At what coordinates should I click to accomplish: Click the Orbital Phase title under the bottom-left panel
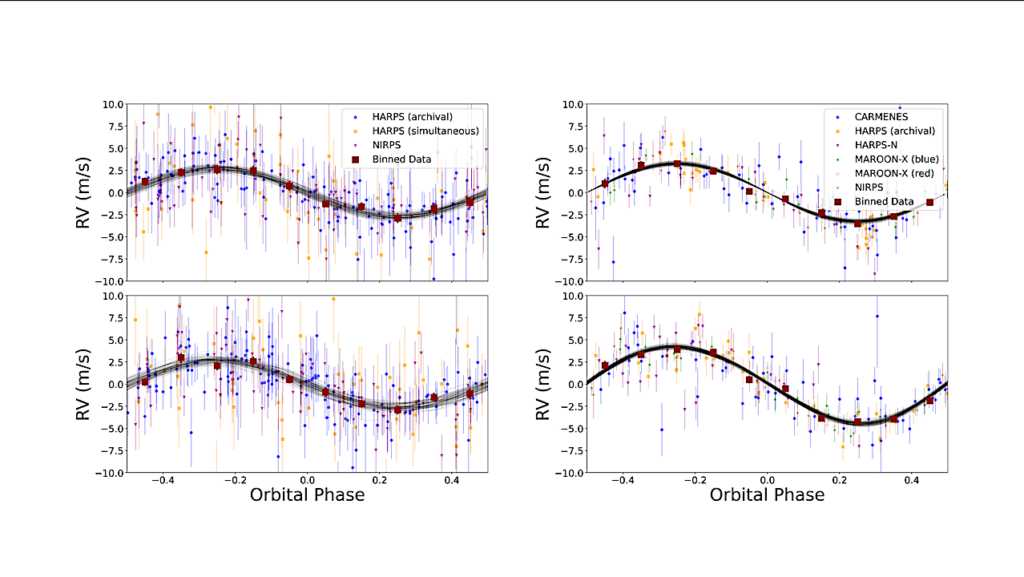pos(308,495)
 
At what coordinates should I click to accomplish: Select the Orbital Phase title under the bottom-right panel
pos(767,495)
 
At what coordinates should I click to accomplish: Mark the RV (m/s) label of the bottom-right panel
pos(545,383)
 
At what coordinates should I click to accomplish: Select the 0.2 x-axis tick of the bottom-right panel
pos(839,480)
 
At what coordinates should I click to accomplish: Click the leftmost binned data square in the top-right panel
pos(605,183)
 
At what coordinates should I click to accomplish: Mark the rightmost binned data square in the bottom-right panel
pos(930,400)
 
